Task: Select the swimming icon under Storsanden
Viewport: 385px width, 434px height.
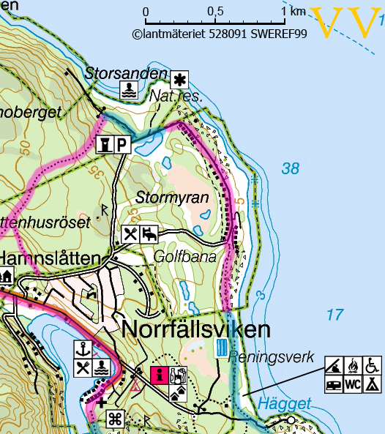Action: coord(129,89)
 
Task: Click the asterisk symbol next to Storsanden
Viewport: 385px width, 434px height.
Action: coord(180,79)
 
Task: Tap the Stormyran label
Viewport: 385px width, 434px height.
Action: coord(172,198)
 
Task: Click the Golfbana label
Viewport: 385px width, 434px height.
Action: coord(185,257)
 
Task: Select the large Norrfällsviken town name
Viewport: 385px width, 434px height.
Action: coord(197,329)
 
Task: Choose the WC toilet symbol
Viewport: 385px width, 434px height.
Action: coord(352,383)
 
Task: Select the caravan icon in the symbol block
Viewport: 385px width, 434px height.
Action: coord(334,383)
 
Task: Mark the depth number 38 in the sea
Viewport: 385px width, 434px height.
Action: coord(291,169)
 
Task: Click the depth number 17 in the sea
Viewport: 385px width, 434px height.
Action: coord(334,315)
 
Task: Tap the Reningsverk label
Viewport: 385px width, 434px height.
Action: coord(271,358)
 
